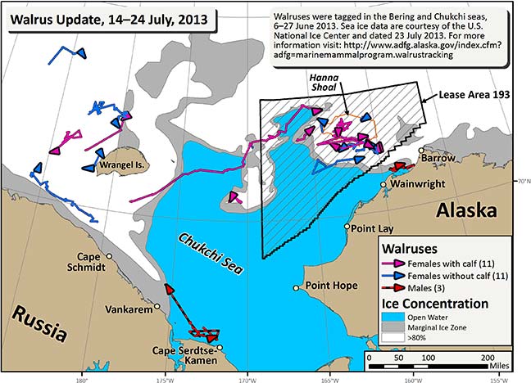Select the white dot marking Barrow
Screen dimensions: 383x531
(x=423, y=151)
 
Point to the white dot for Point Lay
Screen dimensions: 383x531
(x=347, y=227)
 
